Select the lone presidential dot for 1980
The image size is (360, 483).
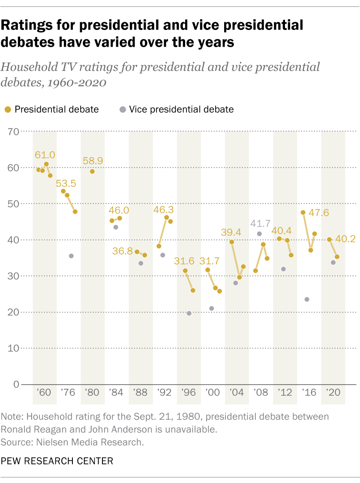[x=92, y=171]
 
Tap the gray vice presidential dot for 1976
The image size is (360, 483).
[x=71, y=256]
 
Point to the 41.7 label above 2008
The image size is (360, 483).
[x=259, y=224]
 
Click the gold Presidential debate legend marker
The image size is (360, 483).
[x=8, y=109]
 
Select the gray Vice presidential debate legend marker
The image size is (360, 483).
[x=123, y=109]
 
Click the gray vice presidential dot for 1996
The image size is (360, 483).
[x=189, y=313]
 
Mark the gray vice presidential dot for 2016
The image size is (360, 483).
[x=307, y=299]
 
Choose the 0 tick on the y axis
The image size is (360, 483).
[x=17, y=384]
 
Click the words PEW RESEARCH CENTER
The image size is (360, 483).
[x=57, y=461]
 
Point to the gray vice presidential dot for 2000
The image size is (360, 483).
[x=211, y=308]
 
